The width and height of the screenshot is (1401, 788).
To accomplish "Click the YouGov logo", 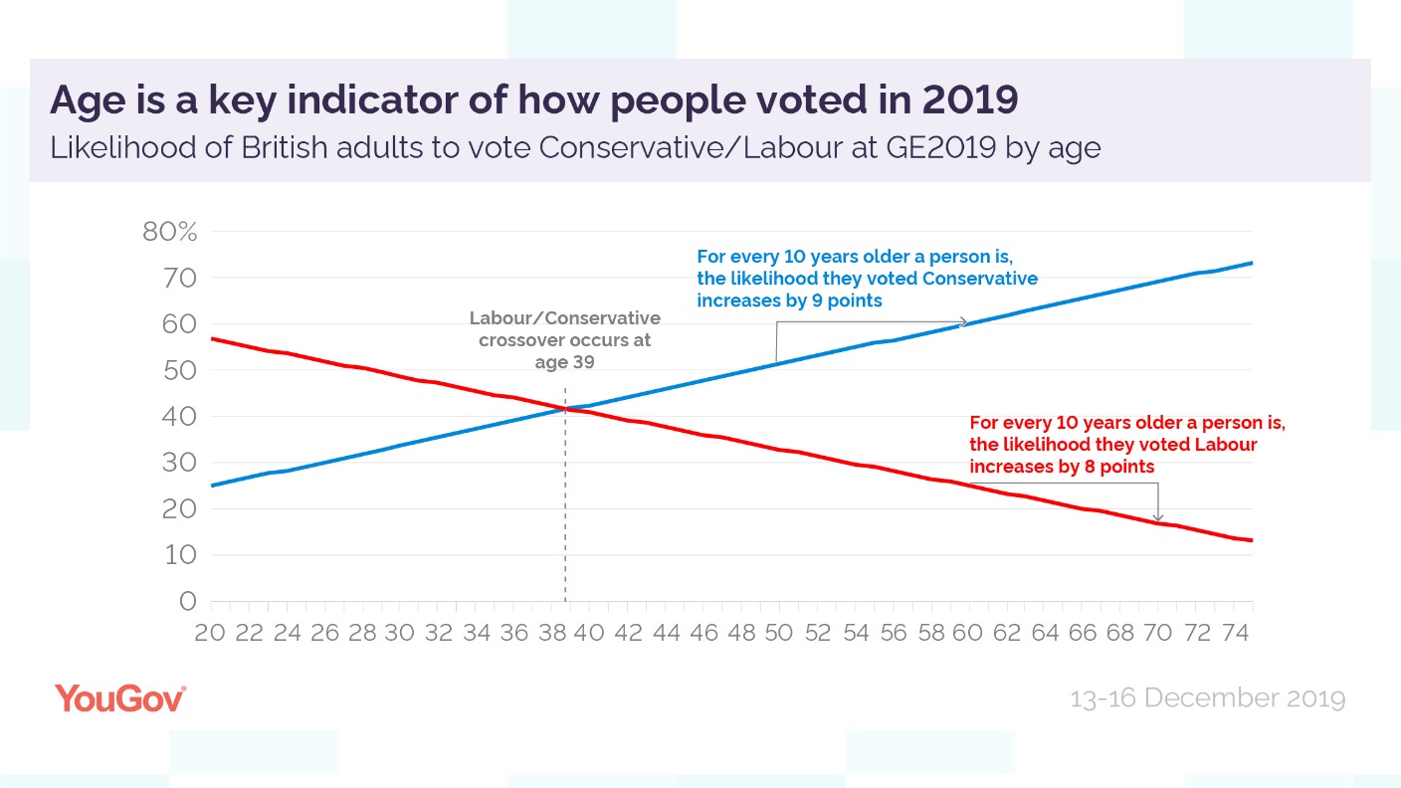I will point(120,697).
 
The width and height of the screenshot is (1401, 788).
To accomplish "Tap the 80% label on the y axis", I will point(171,232).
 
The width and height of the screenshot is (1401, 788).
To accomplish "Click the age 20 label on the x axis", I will point(211,633).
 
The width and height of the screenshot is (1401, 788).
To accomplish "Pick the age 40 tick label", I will point(589,633).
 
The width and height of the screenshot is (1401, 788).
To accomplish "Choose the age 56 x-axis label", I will point(893,633).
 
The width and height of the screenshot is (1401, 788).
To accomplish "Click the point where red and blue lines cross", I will point(566,409).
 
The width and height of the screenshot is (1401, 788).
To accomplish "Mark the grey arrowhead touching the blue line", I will point(963,321).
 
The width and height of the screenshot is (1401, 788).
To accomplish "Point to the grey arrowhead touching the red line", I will point(1157,517).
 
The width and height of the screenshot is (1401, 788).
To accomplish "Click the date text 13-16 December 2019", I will point(1207,698).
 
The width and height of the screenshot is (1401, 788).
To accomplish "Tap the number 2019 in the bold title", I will point(970,100).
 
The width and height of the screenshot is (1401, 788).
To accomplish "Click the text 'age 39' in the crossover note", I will point(564,362).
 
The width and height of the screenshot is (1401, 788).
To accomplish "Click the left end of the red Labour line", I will point(213,339).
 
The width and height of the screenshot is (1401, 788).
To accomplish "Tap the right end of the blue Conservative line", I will point(1251,263).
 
